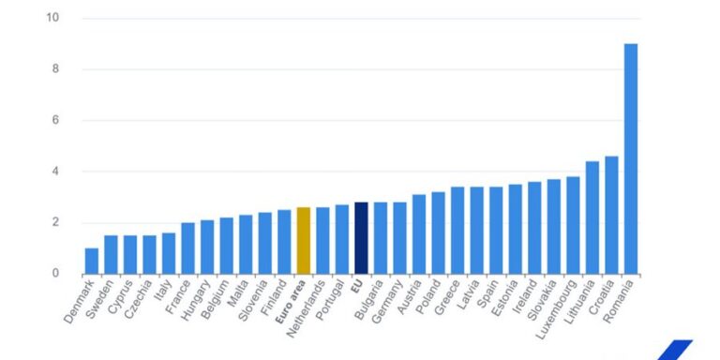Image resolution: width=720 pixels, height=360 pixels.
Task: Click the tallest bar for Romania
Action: coord(631,158)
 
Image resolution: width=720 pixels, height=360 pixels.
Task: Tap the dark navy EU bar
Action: coord(361,238)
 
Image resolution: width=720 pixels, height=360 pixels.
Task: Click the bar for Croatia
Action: coord(611,215)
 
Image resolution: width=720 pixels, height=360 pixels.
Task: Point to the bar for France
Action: coord(187,248)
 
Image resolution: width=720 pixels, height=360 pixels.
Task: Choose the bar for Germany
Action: coord(399,238)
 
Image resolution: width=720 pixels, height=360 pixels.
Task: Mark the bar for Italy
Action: coord(169,253)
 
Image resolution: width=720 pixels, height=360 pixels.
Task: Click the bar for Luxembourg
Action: coord(573,225)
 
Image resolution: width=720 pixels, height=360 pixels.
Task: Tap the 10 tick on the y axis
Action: coord(52,18)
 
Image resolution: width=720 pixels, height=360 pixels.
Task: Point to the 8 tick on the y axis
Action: coord(55,69)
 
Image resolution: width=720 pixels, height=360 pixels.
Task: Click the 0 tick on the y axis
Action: coord(55,274)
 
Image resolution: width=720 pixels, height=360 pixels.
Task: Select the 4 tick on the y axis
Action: coord(55,172)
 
